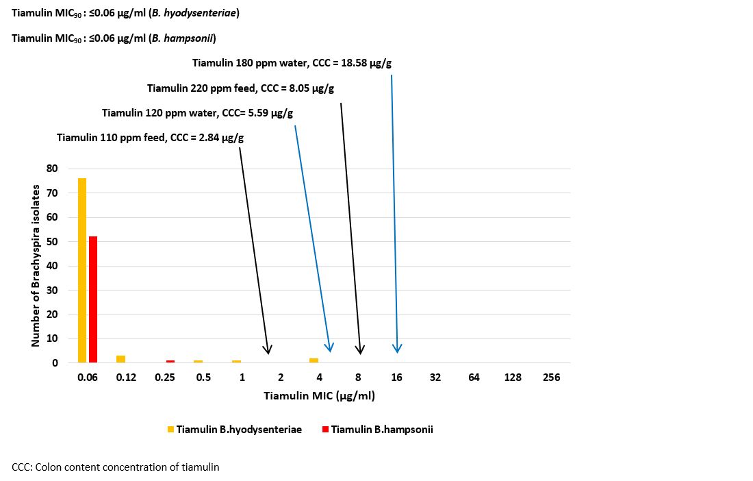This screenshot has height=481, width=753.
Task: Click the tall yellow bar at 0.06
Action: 82,270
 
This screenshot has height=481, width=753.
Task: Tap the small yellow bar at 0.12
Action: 120,358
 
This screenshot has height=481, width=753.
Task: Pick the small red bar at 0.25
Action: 170,361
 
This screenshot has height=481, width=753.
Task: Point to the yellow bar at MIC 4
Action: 314,360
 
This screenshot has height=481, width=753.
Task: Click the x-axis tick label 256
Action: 551,378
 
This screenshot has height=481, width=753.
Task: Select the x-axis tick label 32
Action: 435,378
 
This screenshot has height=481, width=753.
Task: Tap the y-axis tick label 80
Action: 52,169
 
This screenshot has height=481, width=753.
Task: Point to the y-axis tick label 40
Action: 52,266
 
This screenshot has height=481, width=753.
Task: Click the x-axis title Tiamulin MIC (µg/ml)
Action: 319,396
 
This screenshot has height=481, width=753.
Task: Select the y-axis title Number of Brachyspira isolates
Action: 36,264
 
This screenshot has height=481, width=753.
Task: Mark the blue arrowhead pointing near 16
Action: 397,348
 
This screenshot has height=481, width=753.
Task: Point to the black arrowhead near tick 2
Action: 268,349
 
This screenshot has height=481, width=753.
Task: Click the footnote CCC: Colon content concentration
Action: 115,467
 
